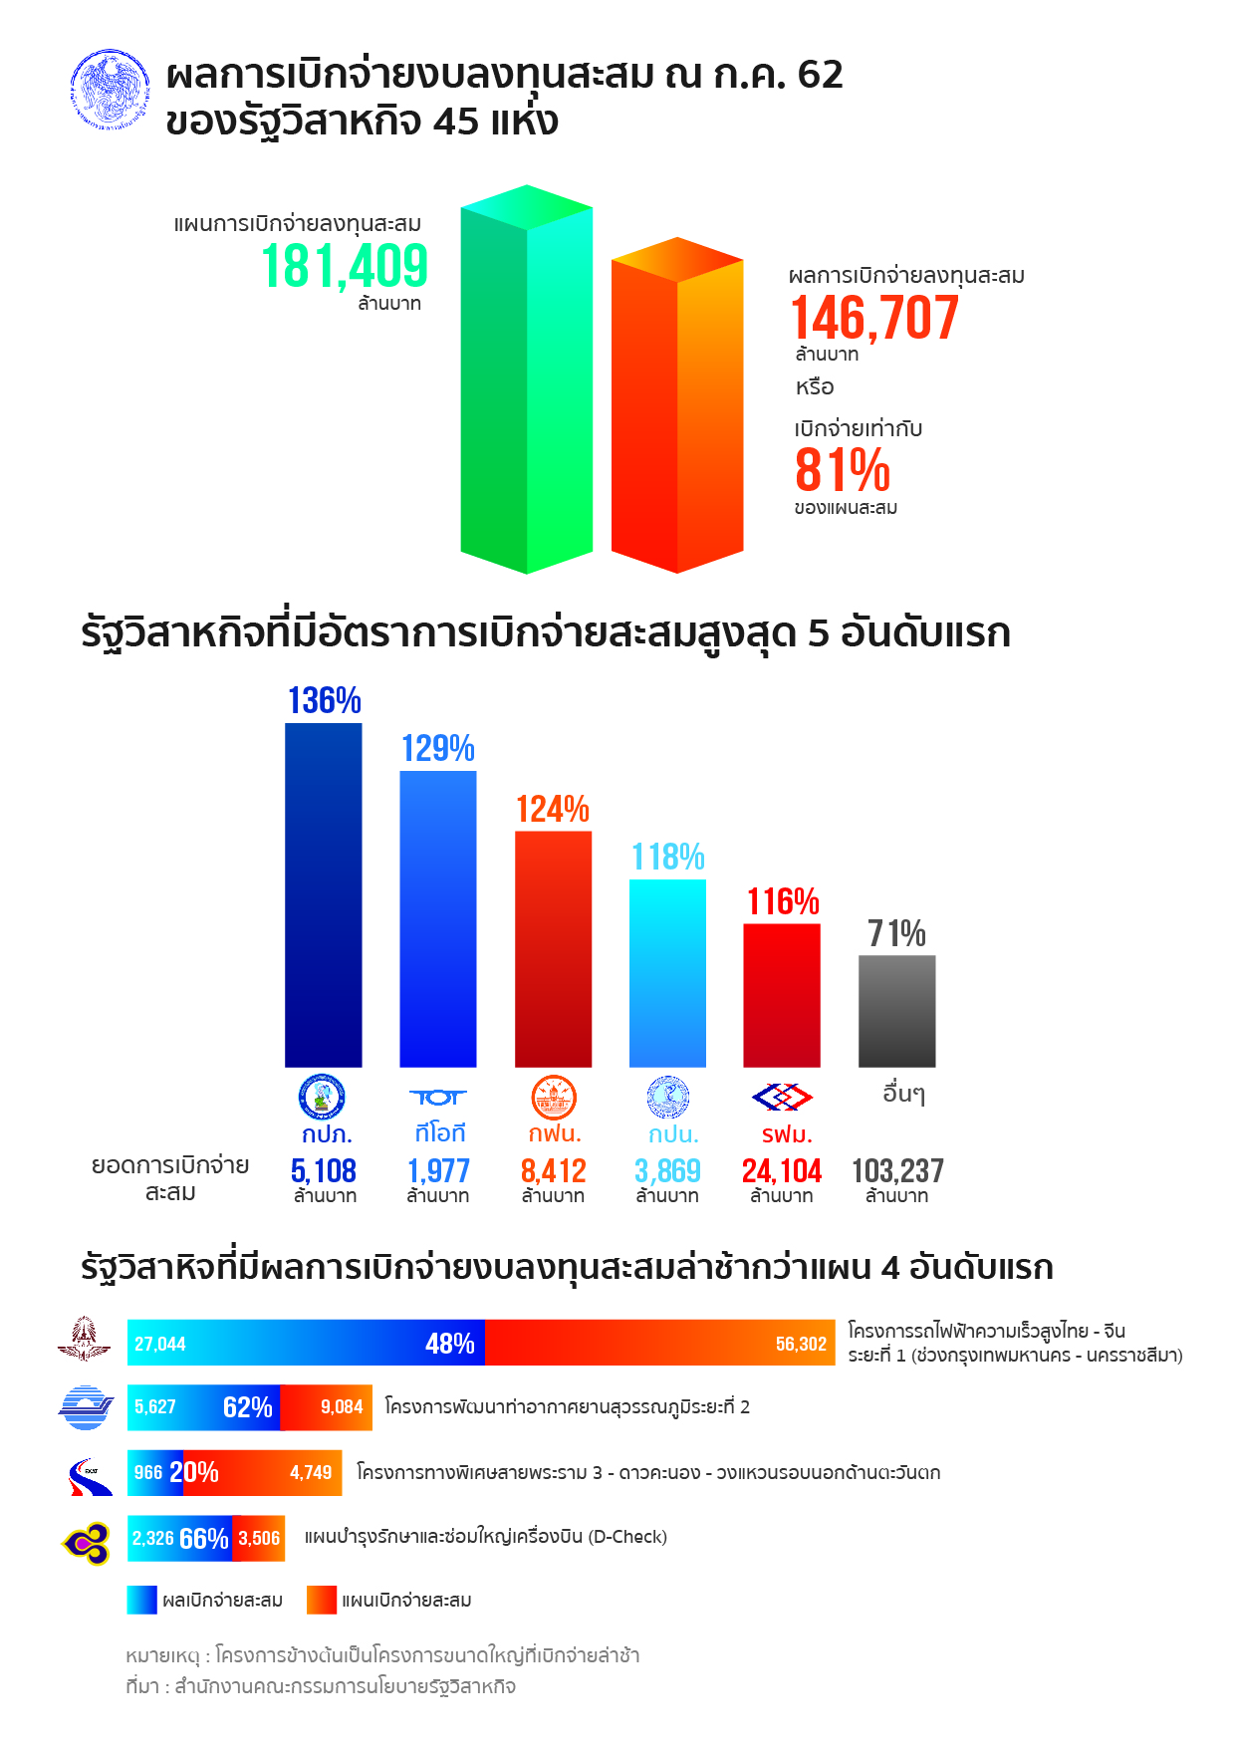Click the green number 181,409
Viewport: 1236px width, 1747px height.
(345, 266)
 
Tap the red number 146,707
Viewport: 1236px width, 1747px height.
(874, 318)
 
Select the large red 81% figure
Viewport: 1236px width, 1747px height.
(843, 470)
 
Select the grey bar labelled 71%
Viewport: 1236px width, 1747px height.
(896, 1011)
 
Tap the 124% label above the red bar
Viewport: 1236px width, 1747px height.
(553, 809)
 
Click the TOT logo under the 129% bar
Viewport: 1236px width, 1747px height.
(438, 1098)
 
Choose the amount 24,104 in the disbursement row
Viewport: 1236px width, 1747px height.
(782, 1171)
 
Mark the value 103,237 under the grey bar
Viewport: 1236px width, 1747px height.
(897, 1171)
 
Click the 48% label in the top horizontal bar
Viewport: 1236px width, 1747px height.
(450, 1344)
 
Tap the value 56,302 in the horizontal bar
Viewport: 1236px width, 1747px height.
(801, 1345)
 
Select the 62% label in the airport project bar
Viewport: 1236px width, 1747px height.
(248, 1407)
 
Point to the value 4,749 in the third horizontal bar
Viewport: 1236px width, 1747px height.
(311, 1472)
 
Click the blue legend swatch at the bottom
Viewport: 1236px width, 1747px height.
(142, 1600)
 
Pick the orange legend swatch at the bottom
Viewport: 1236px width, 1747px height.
(322, 1600)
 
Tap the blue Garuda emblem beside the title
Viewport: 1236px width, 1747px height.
(111, 91)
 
